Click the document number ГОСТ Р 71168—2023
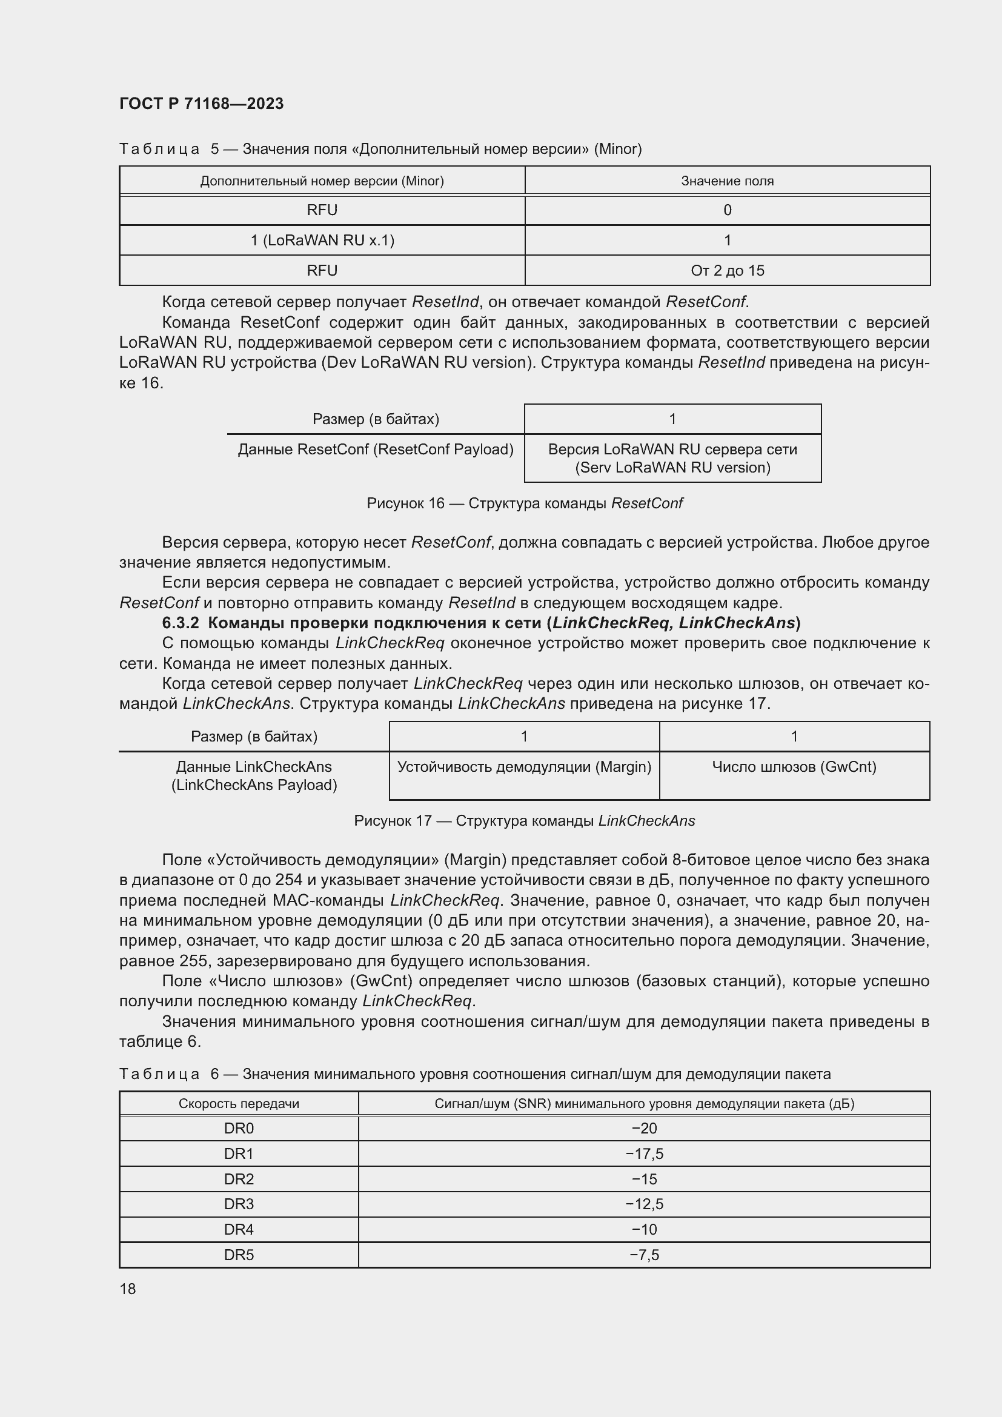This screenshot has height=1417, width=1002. click(201, 104)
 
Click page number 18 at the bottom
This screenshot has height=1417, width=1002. click(128, 1289)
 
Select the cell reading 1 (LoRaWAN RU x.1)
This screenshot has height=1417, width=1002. click(322, 241)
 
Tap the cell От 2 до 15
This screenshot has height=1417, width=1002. click(727, 271)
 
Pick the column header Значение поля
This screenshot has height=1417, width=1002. click(727, 181)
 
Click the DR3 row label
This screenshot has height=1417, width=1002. click(239, 1204)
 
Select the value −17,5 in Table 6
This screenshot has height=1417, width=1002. click(644, 1153)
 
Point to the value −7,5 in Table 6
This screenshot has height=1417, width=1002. click(644, 1255)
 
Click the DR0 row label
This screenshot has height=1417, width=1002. click(239, 1128)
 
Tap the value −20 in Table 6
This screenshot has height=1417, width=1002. click(644, 1128)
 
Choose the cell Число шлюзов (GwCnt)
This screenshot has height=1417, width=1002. click(794, 767)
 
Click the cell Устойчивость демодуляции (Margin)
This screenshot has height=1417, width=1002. click(524, 767)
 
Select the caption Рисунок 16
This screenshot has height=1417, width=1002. click(405, 503)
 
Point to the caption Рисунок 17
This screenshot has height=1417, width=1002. click(393, 821)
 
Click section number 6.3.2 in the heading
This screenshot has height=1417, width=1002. click(180, 623)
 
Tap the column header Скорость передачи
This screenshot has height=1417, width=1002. click(239, 1103)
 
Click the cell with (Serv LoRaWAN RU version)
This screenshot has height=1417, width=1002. click(672, 468)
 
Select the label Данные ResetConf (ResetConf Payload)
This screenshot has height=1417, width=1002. click(376, 450)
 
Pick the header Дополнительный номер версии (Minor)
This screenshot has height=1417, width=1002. click(322, 181)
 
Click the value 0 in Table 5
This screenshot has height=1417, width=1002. click(727, 210)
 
